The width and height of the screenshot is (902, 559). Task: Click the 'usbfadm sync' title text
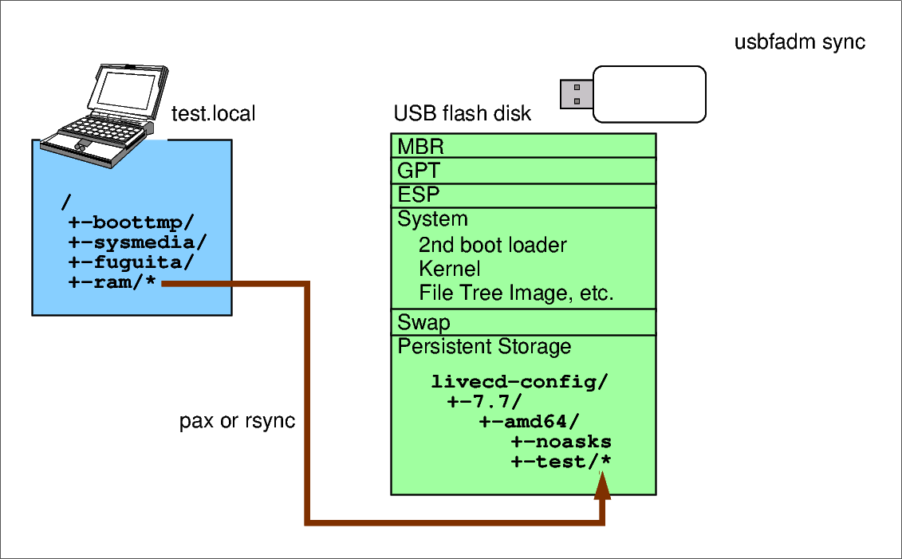pos(799,42)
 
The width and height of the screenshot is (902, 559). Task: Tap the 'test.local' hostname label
pos(213,114)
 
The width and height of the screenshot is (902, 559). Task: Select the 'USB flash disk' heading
pos(462,114)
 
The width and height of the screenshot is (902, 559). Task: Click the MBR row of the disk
pos(523,146)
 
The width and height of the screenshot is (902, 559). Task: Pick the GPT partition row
pos(523,171)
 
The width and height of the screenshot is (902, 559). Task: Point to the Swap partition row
pos(523,322)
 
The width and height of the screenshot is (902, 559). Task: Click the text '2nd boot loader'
pos(492,245)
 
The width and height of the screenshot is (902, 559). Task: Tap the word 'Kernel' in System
pos(449,269)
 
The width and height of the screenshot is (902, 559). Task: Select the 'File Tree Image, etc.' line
pos(516,293)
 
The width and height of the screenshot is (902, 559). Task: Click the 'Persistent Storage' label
pos(484,347)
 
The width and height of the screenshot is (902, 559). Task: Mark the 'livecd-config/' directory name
pos(519,382)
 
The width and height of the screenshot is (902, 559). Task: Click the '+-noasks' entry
pos(561,442)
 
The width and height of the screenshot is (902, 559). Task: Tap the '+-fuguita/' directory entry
pos(131,263)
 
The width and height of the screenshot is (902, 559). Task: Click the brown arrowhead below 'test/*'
pos(603,486)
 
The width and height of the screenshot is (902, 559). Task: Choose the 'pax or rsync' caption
pos(237,421)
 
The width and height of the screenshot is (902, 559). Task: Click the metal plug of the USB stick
pos(576,93)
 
